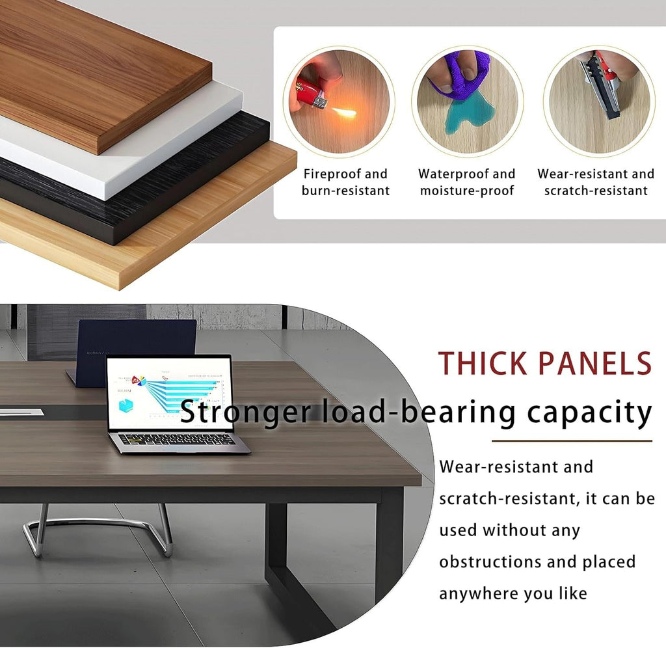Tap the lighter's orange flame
point(343,112)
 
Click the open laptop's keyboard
point(177,440)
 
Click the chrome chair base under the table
point(98,527)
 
